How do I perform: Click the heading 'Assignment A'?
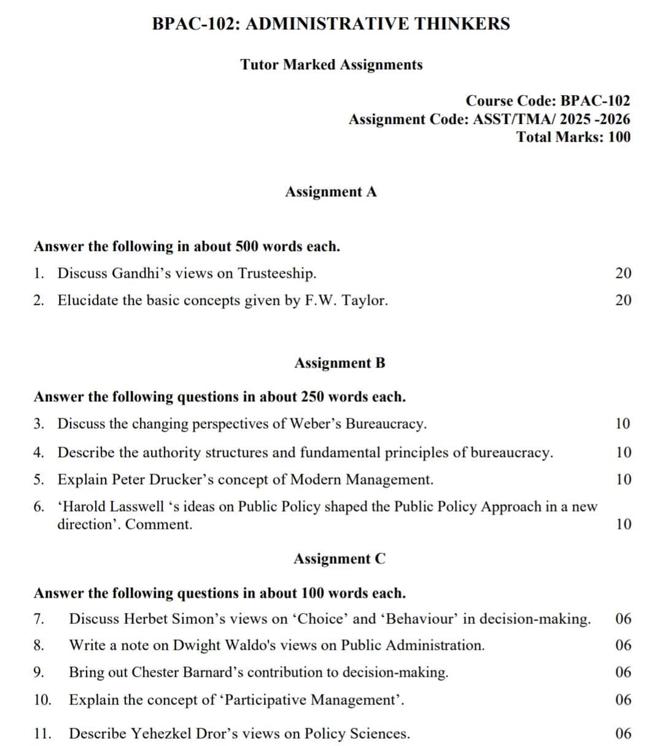[331, 192]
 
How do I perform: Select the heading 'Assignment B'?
[339, 363]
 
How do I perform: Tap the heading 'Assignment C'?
[339, 559]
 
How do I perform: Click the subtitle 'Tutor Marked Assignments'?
[331, 65]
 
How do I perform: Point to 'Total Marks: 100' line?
[573, 137]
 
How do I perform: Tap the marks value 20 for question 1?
[622, 274]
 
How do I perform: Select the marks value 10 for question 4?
[622, 453]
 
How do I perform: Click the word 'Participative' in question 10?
[263, 700]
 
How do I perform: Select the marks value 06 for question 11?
[622, 734]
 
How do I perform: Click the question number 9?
[38, 672]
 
